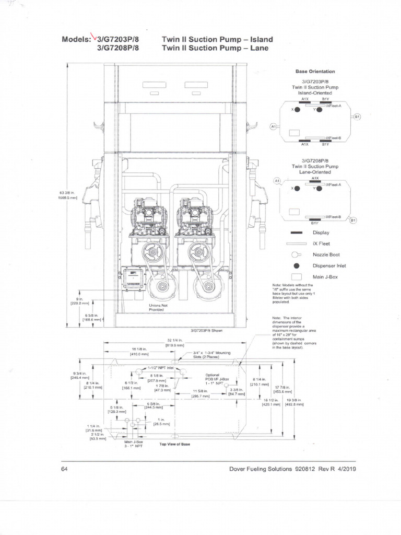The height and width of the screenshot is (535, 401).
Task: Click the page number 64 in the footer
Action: coord(64,469)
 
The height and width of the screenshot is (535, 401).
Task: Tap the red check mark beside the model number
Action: coord(94,37)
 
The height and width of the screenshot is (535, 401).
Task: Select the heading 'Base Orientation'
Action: coord(315,72)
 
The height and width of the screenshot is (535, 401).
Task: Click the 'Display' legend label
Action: coord(321,232)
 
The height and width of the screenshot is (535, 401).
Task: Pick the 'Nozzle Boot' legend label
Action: coord(326,254)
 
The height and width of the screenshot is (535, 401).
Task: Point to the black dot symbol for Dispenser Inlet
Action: coord(296,265)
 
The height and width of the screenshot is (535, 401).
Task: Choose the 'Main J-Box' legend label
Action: coord(325,276)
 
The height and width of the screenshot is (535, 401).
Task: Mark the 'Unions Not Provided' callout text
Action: coord(158,307)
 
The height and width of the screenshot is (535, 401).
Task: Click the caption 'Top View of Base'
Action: coord(174,445)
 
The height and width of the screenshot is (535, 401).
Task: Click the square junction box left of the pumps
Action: coord(132,278)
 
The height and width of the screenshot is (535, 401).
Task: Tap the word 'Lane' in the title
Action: coord(259,48)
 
